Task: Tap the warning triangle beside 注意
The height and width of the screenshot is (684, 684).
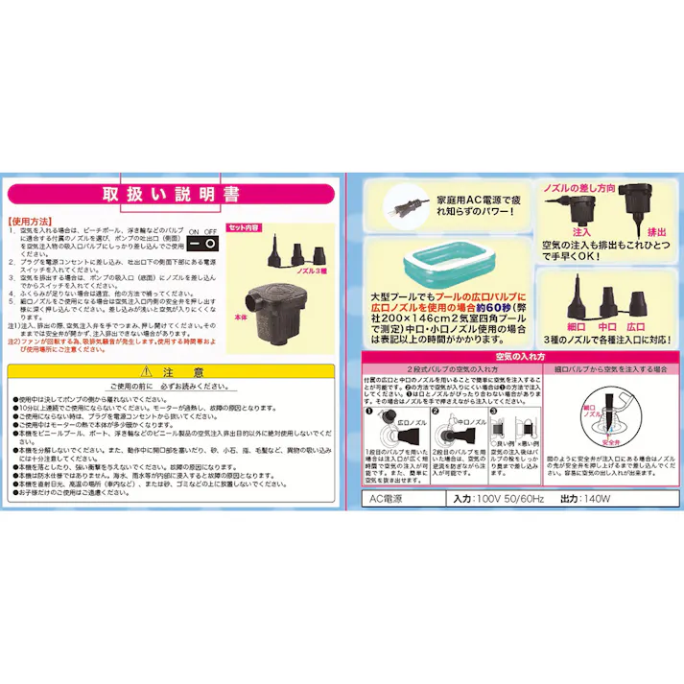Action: click(144, 370)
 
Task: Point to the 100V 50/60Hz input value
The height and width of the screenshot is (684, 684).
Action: click(509, 500)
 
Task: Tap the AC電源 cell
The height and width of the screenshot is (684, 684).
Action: click(389, 500)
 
